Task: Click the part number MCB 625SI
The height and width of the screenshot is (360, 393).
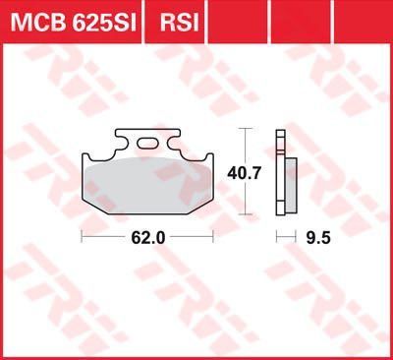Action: point(74,22)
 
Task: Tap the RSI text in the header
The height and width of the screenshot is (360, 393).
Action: point(180,22)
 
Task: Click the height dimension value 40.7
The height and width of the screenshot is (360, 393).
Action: point(245,173)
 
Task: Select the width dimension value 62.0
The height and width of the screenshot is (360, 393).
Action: point(148,237)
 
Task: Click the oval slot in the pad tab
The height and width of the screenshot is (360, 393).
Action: point(147,143)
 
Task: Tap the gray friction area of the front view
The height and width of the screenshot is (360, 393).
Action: point(147,184)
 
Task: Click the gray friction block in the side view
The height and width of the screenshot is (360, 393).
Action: point(291,184)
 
